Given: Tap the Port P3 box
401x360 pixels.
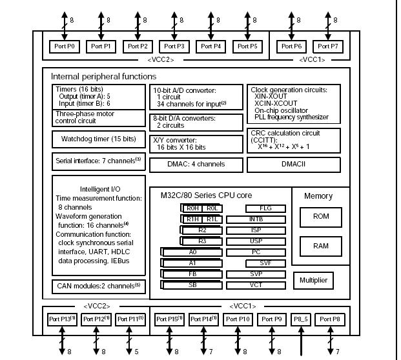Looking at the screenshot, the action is (174, 46).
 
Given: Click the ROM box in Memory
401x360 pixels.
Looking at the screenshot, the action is (321, 217).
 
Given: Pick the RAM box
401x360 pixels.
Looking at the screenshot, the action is (321, 246).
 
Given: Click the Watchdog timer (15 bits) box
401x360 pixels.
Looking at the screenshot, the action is (98, 139).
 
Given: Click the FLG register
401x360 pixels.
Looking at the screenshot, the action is (265, 208).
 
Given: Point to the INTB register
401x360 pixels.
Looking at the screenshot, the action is (265, 219).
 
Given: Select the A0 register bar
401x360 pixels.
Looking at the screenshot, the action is (192, 252).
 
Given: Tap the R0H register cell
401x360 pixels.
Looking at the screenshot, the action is (192, 208).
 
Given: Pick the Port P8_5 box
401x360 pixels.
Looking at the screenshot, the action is (302, 319).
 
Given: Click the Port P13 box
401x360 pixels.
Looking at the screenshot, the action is (62, 319).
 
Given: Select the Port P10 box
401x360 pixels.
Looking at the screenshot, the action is (238, 319).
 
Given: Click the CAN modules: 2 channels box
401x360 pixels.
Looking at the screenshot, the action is (98, 285).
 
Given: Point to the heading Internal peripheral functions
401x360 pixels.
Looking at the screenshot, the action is (95, 76).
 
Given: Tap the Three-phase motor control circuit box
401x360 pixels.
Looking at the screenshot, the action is (98, 116).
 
